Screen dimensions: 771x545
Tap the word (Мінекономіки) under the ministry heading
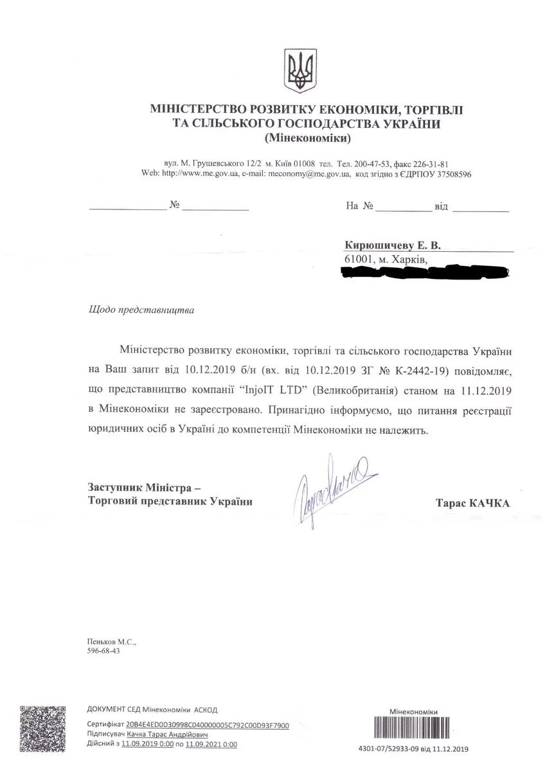click(308, 138)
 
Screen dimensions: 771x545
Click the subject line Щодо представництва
click(140, 309)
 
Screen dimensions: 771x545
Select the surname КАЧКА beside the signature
click(487, 504)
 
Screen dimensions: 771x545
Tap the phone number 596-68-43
click(103, 650)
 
